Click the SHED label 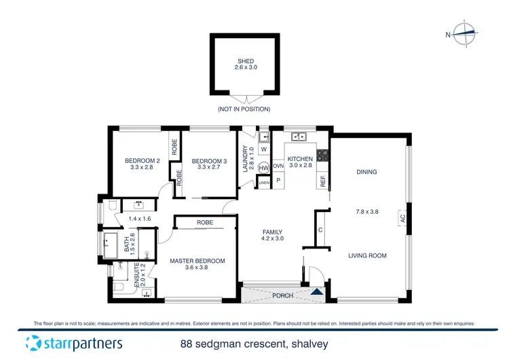(x=245, y=61)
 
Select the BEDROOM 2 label (x=138, y=160)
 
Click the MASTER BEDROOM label (x=197, y=260)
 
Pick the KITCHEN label (x=300, y=159)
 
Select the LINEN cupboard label (x=264, y=182)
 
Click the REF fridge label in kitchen (x=323, y=181)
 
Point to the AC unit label (x=402, y=219)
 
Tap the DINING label (x=366, y=172)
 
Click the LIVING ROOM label (x=367, y=255)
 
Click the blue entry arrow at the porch (x=317, y=292)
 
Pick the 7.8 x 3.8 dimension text (x=366, y=211)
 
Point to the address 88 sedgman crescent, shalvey (x=254, y=344)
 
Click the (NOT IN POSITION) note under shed (x=244, y=109)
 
